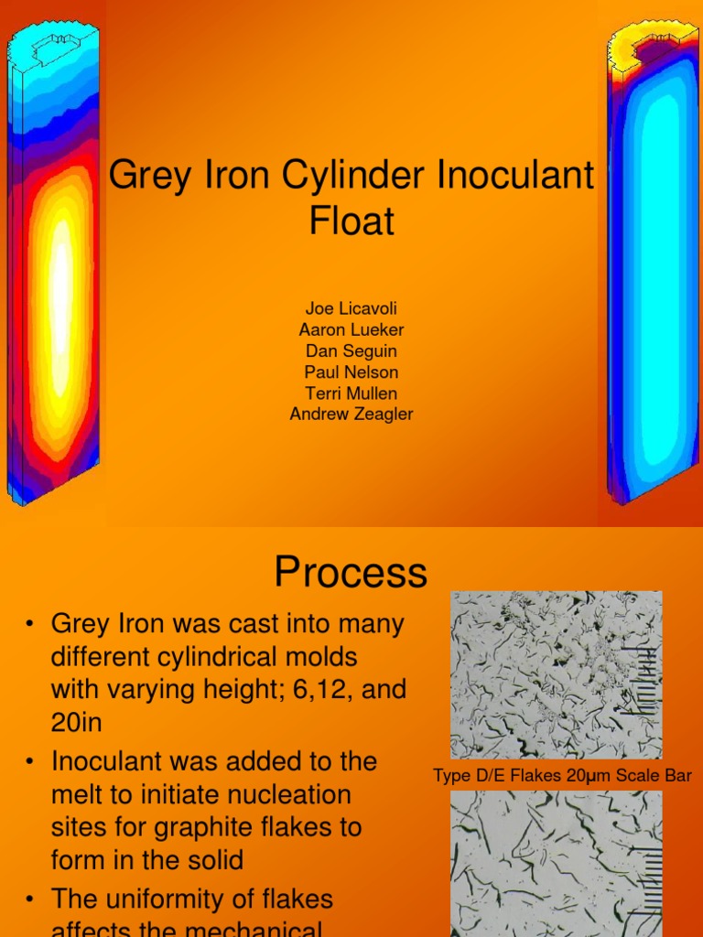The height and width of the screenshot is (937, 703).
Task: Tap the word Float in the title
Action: pyautogui.click(x=351, y=221)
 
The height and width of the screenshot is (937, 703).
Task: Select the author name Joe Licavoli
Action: pyautogui.click(x=351, y=308)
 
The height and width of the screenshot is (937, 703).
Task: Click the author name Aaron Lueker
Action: pyautogui.click(x=351, y=329)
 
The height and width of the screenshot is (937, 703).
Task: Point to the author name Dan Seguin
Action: pyautogui.click(x=351, y=350)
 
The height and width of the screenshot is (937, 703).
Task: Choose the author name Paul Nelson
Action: pyautogui.click(x=351, y=372)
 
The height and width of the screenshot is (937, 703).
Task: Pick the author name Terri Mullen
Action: pyautogui.click(x=351, y=393)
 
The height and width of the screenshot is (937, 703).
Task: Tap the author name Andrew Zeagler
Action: pyautogui.click(x=351, y=414)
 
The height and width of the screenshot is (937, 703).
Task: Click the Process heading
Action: pyautogui.click(x=351, y=573)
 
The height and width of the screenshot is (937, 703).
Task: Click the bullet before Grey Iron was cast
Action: pyautogui.click(x=30, y=625)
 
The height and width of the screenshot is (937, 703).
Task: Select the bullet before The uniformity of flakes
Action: pyautogui.click(x=30, y=899)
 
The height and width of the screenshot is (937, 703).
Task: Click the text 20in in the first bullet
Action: pyautogui.click(x=77, y=723)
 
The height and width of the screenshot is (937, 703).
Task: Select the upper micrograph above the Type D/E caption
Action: pyautogui.click(x=556, y=674)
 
